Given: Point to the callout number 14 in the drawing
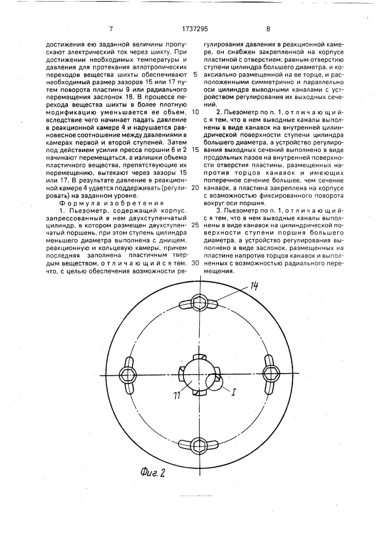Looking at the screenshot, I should (x=254, y=285).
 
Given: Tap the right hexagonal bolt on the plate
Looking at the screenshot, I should (x=270, y=373).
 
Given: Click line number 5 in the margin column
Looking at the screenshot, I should (x=195, y=74).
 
